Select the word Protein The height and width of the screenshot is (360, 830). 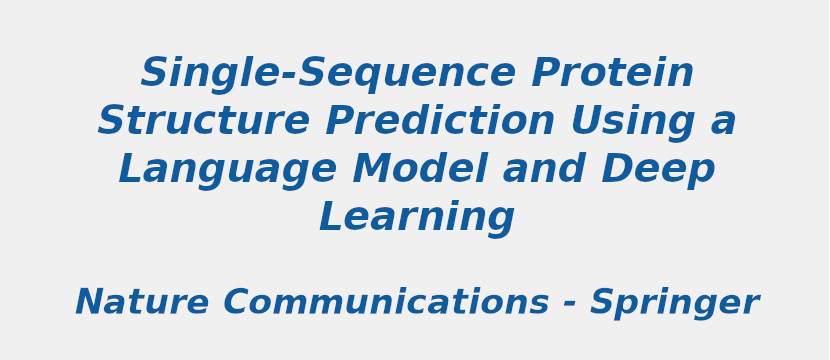(x=612, y=74)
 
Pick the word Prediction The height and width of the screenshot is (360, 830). (x=440, y=122)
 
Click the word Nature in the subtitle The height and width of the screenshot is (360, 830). (x=141, y=303)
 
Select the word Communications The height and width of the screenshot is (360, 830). (x=385, y=303)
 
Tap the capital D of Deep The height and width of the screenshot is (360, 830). (x=617, y=170)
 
